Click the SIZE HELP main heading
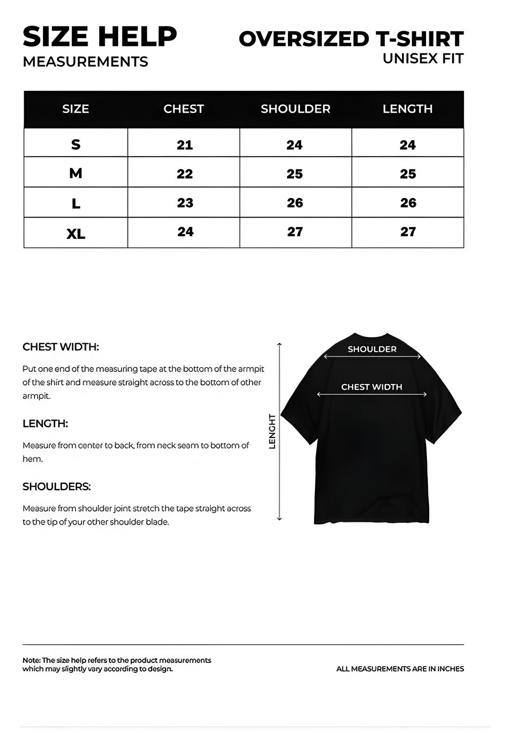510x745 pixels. point(100,37)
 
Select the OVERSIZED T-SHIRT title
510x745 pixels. point(351,39)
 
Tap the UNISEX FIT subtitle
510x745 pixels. point(423,59)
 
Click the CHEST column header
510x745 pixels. point(184,109)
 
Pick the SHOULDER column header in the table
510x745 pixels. point(295,109)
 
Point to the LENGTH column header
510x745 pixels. point(408,109)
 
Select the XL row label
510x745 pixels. point(76,233)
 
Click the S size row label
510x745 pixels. point(76,144)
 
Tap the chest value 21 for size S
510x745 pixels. point(185,145)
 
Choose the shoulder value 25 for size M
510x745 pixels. point(294,174)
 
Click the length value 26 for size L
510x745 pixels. point(408,203)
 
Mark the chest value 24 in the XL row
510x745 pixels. point(185,231)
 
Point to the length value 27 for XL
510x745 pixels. point(408,231)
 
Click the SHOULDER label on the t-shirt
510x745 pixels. point(372,349)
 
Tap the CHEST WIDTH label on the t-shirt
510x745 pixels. point(371,387)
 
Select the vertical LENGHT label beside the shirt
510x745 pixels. point(272,431)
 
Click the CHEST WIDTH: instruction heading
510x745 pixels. point(61,347)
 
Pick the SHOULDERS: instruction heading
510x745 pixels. point(57,487)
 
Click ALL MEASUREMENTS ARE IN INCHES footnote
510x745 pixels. point(400,668)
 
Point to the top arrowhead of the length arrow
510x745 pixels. point(279,344)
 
